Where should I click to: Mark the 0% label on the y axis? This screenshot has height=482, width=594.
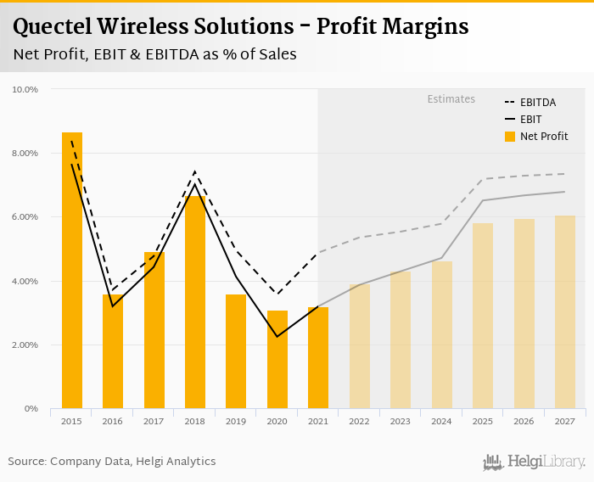coord(32,409)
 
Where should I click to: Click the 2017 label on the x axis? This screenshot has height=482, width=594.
coord(154,421)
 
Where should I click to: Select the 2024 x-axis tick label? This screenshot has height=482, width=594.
coord(442,421)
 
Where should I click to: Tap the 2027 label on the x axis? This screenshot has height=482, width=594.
coord(565,421)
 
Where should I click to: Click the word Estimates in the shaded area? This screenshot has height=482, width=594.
coord(451,99)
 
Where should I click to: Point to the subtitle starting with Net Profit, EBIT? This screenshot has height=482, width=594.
coord(154,54)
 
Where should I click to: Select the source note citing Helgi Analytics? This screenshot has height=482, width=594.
coord(112,462)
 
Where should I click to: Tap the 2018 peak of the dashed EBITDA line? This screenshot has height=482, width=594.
coord(195,172)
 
